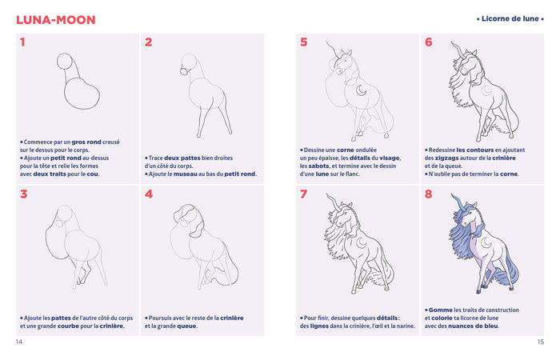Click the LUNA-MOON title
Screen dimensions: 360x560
click(55, 19)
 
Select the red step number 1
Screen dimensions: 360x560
click(22, 42)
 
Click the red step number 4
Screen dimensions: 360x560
click(149, 194)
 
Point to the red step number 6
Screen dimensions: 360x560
click(429, 42)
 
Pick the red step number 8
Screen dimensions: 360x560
click(429, 194)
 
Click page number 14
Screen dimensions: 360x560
click(19, 342)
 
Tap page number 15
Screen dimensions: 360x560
click(540, 342)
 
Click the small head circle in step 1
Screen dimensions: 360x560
click(66, 62)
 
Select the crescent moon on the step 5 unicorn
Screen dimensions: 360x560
click(362, 90)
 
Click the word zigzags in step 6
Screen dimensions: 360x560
click(448, 158)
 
